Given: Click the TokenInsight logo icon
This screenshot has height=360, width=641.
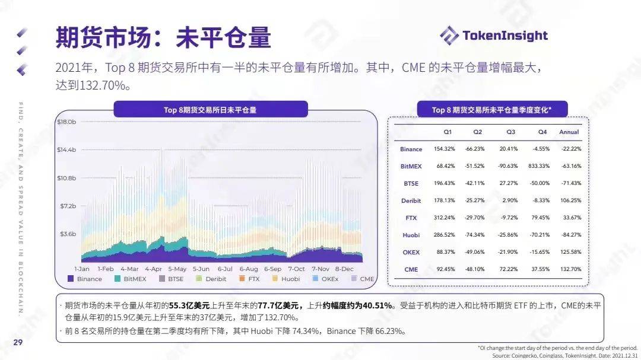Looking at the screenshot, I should [x=449, y=35].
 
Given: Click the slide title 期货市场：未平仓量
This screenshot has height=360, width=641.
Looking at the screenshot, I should [x=163, y=37].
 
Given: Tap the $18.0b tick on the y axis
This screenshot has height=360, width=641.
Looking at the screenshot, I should [x=66, y=122].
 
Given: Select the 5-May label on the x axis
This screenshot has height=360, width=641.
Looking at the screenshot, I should [x=177, y=269].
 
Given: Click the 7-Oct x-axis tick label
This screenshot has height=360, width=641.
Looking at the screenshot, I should [x=296, y=269].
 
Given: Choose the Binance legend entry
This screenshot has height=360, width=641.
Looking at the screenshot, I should [x=85, y=279].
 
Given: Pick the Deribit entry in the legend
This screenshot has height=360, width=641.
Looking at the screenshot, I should [x=211, y=279].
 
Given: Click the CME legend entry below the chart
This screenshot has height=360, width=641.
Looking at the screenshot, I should [x=361, y=279].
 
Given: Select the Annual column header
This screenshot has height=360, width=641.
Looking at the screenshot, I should [x=569, y=132].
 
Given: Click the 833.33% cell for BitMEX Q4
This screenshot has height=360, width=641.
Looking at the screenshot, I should [x=541, y=166].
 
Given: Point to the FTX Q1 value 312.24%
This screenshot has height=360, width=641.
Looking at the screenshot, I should [x=444, y=218].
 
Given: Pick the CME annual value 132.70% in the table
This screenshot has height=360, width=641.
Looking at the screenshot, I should [x=570, y=269].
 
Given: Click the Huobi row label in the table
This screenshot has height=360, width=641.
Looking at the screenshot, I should [x=411, y=235].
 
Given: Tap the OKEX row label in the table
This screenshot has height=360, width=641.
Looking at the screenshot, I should [x=411, y=252].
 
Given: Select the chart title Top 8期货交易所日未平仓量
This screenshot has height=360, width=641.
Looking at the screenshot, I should [x=210, y=110].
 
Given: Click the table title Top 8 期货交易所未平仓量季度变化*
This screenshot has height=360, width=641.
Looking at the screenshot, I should [x=491, y=110].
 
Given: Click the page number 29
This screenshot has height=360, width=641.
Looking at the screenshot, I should [x=18, y=342].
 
